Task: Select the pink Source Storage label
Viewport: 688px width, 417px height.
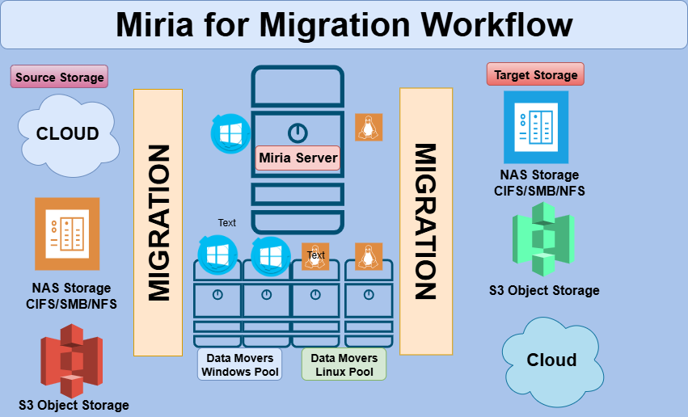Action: point(60,78)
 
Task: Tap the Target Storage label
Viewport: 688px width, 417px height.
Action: point(535,75)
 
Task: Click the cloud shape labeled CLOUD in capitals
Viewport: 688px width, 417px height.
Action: point(68,134)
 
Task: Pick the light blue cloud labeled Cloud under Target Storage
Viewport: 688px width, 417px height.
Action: point(551,360)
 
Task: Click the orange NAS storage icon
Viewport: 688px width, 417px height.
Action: point(67,234)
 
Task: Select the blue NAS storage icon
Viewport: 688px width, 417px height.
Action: point(536,127)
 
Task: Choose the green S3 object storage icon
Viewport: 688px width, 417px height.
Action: point(542,239)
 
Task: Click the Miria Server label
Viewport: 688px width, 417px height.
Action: point(298,158)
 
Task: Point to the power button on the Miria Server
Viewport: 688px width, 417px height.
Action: point(298,132)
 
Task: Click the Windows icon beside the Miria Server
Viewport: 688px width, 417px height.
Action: point(230,132)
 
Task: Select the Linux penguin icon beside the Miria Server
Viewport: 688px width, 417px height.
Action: point(369,127)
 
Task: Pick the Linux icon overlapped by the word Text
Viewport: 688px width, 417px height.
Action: point(314,255)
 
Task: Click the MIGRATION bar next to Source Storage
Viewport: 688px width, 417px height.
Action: point(158,222)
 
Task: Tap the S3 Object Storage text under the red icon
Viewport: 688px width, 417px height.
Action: point(74,405)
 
